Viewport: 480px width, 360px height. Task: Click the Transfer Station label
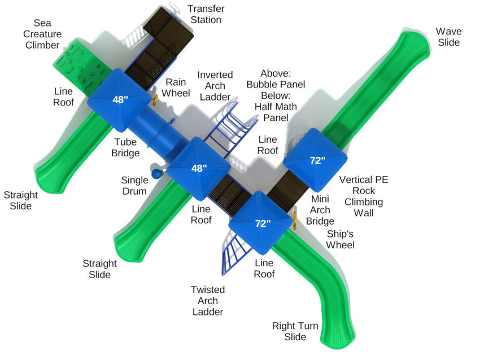[206, 14]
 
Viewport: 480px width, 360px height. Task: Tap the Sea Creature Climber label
[42, 34]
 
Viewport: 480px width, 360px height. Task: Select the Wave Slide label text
[448, 37]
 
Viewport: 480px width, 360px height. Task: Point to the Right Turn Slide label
[295, 331]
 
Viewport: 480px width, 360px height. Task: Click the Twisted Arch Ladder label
[208, 300]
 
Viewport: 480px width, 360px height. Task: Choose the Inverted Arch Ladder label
[211, 86]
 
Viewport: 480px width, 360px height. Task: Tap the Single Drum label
[135, 186]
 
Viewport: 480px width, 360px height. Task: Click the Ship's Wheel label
[341, 239]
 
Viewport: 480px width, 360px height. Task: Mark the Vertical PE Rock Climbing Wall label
[364, 196]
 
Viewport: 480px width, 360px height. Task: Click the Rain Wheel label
[176, 87]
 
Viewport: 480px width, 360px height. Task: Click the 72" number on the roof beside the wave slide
[317, 160]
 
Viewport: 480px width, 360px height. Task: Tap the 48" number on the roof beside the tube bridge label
[120, 100]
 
